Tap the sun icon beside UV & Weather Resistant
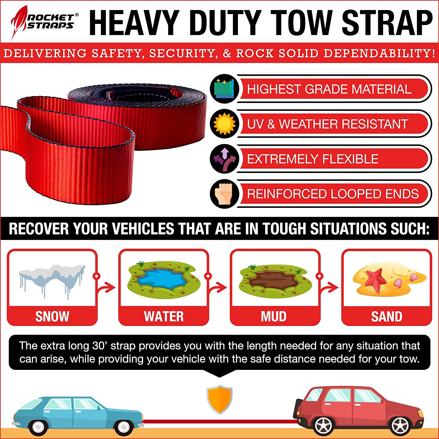224,124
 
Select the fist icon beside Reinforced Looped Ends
224,194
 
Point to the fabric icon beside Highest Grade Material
224,88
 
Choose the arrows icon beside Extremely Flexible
224,159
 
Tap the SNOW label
52,316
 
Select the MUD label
274,316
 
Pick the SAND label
387,316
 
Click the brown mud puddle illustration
274,279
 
